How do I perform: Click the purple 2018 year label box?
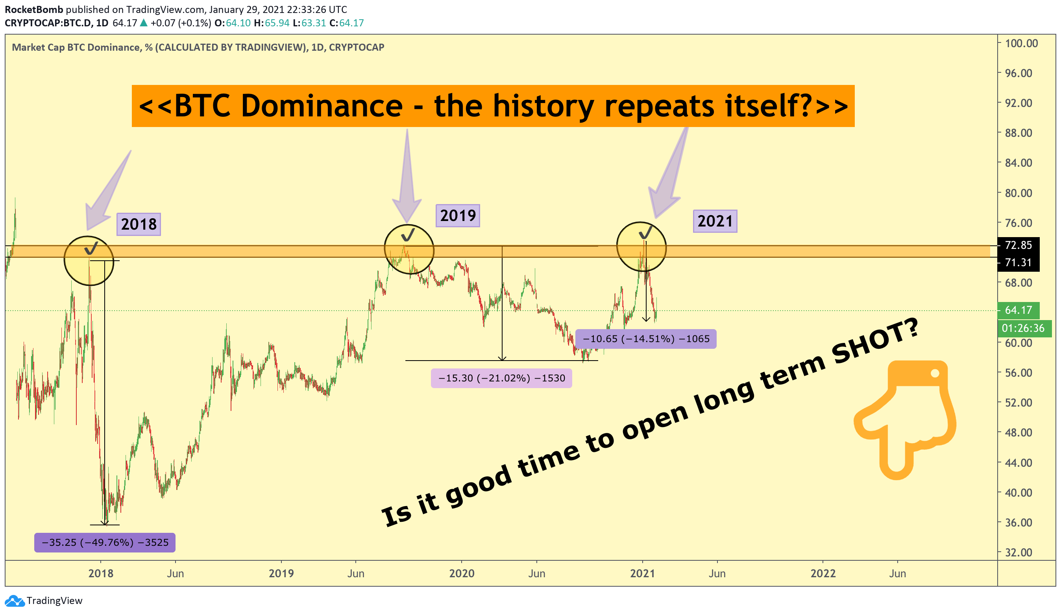tap(139, 224)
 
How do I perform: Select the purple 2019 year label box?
tap(458, 215)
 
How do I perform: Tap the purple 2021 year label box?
tap(715, 221)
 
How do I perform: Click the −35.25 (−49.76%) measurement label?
tap(105, 542)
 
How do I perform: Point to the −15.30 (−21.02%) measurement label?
tap(501, 378)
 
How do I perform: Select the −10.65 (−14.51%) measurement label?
tap(645, 339)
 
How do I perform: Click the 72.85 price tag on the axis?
tap(1018, 245)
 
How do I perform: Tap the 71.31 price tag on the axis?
tap(1018, 263)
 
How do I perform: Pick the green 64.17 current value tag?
tap(1018, 310)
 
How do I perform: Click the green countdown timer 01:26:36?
tap(1024, 328)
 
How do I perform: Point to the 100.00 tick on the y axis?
tap(1021, 43)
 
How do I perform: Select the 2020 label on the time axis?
tap(462, 573)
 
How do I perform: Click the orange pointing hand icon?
tap(905, 420)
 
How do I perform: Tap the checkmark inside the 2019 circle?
tap(408, 234)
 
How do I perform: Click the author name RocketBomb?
tap(34, 9)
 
